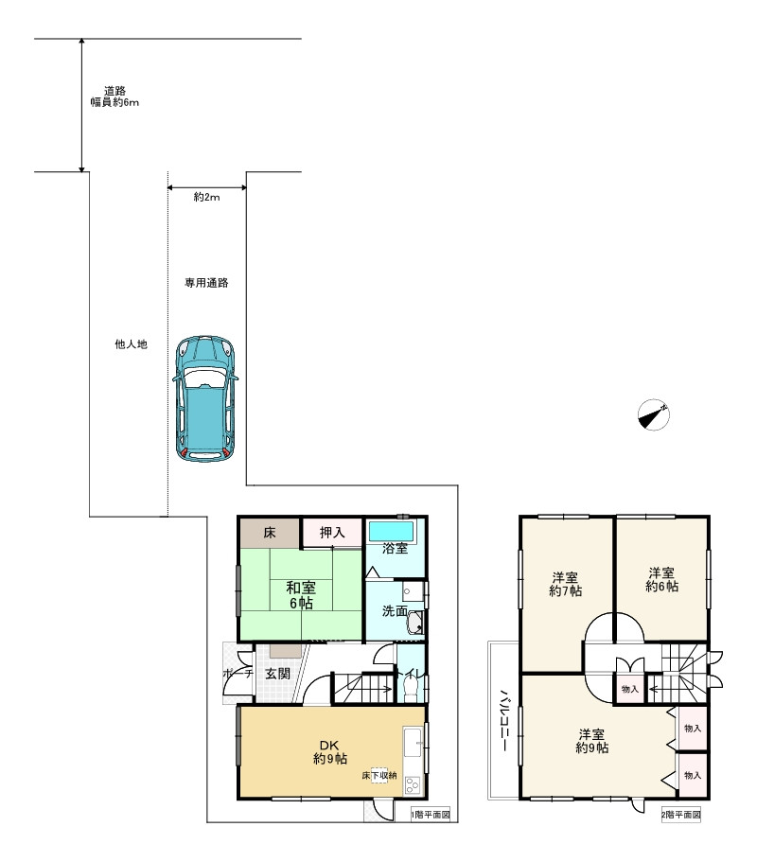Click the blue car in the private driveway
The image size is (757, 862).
coord(205,397)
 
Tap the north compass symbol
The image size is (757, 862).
coord(654,414)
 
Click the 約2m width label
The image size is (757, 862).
coord(206,197)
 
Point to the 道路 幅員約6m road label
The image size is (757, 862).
coord(114,97)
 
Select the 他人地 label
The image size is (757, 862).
coord(131,344)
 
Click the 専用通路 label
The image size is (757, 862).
coord(206,283)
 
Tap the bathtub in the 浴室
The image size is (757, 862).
coord(391,531)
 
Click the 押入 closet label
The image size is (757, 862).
coord(332,532)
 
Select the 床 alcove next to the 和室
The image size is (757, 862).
coord(270,532)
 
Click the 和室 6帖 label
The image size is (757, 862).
coord(301,595)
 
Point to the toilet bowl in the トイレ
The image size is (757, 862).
coord(410,688)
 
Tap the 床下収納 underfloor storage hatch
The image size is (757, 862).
coord(379,775)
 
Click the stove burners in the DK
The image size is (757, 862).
coord(413,783)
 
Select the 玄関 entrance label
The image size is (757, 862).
coord(277,674)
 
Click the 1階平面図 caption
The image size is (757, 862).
coord(431,814)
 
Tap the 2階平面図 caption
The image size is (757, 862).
coord(680,814)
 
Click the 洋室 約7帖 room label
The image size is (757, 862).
coord(565,585)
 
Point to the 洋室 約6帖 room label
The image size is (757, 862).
coord(661,579)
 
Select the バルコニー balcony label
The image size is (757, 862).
coord(503,720)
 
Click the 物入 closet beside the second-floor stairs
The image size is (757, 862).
coord(629,688)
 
